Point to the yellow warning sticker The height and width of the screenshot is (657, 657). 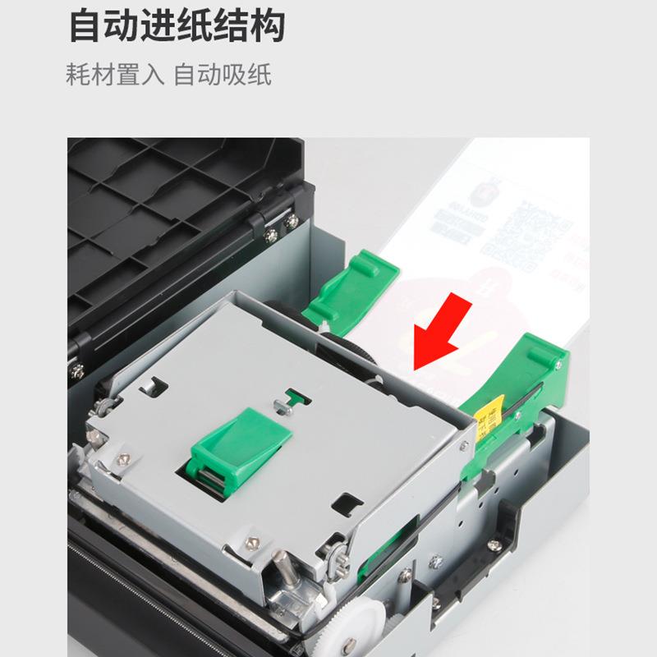[x=491, y=411]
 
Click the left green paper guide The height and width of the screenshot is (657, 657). [x=349, y=283]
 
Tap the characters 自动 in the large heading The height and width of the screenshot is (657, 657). [x=103, y=25]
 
